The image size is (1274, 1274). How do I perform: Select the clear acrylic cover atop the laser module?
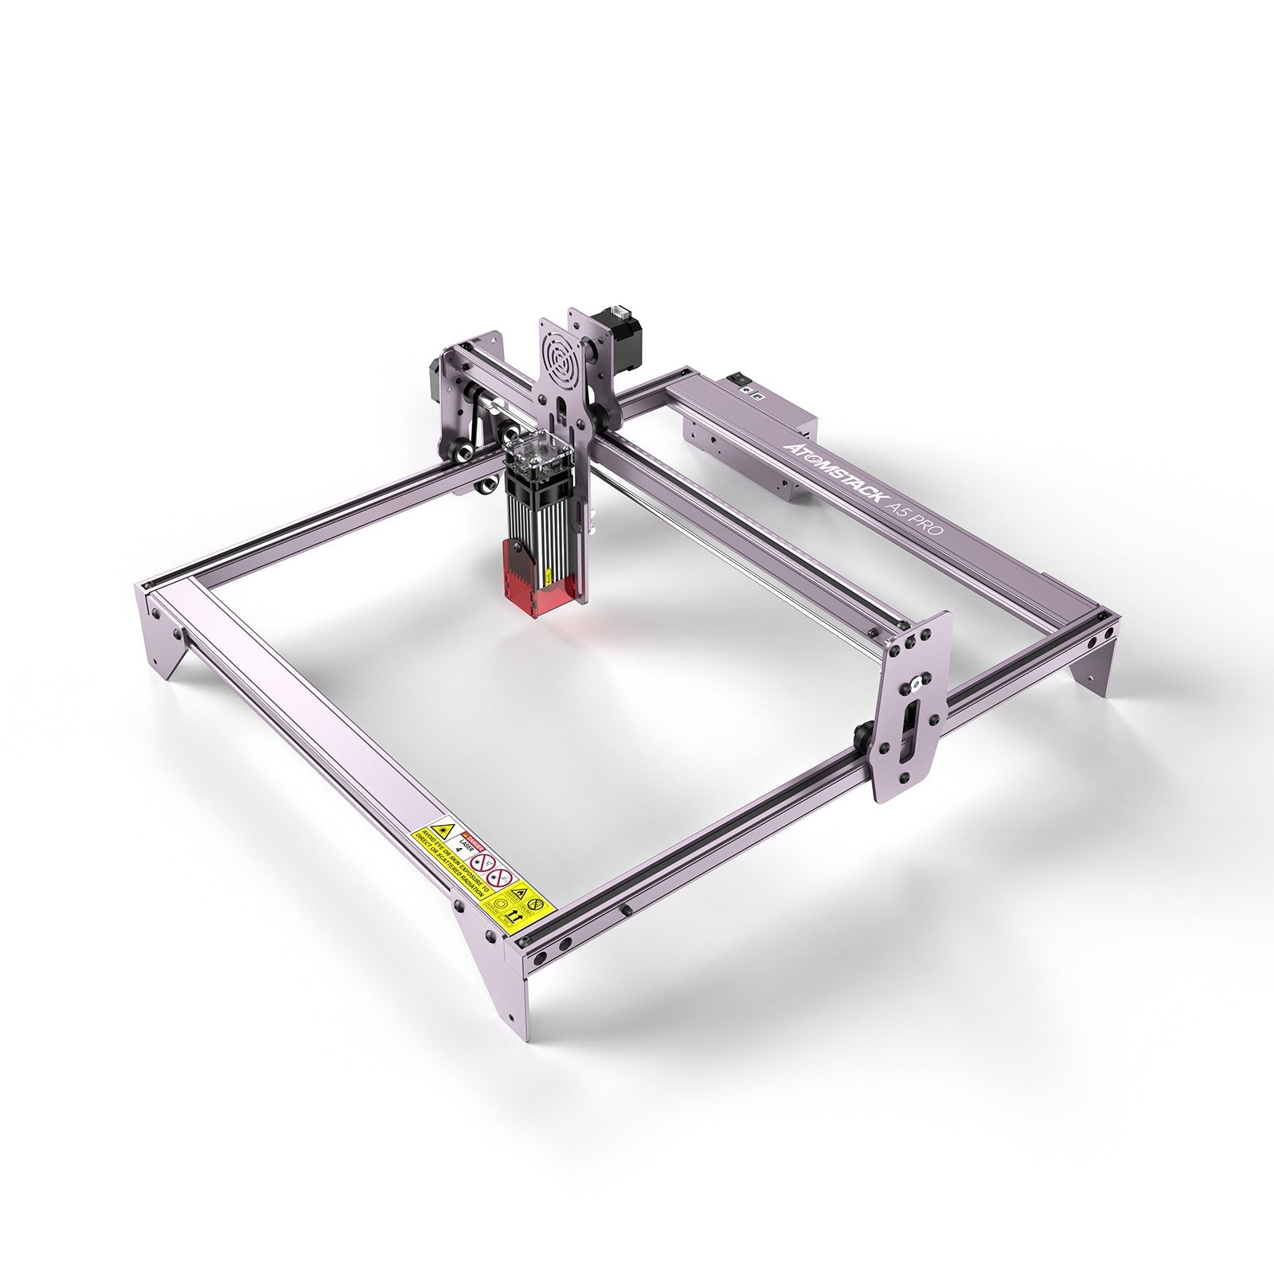pos(537,453)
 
